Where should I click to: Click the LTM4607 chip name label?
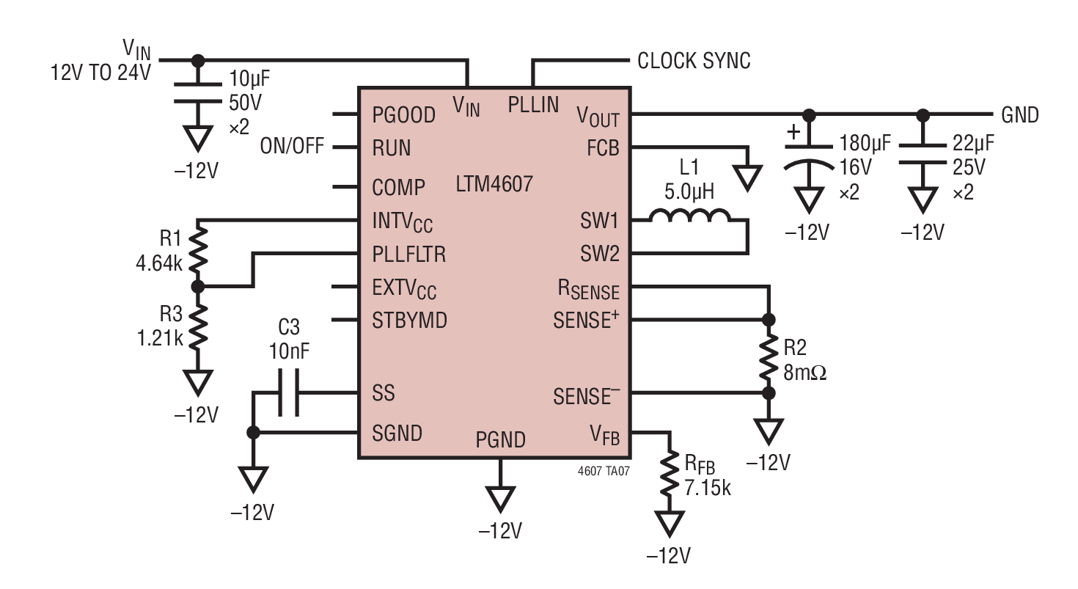tap(494, 184)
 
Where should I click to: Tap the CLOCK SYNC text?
tap(694, 61)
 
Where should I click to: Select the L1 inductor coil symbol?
tap(689, 215)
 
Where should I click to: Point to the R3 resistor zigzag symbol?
tap(198, 326)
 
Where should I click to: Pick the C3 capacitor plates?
tap(289, 392)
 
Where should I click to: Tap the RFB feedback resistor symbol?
tap(669, 474)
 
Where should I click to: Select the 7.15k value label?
tap(707, 488)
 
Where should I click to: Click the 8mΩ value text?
tap(804, 373)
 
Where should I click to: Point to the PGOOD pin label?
tap(404, 115)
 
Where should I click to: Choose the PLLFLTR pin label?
tap(408, 254)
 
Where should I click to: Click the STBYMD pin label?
tap(409, 320)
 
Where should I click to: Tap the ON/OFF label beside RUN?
tap(292, 146)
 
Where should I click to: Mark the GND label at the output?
tap(1020, 115)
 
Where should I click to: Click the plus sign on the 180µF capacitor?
tap(793, 131)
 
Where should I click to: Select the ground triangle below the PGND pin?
tap(500, 500)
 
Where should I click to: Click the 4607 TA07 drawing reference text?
tap(604, 471)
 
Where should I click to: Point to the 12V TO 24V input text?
tap(100, 73)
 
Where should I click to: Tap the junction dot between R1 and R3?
tap(198, 287)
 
